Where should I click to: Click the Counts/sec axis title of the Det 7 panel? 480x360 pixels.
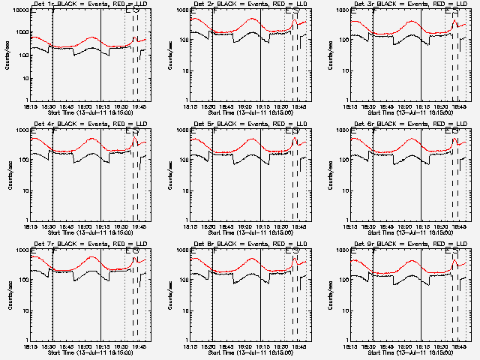tap(9, 295)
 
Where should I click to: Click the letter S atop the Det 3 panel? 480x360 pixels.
tap(456, 11)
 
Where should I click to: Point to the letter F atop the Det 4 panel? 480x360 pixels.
tap(53, 131)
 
